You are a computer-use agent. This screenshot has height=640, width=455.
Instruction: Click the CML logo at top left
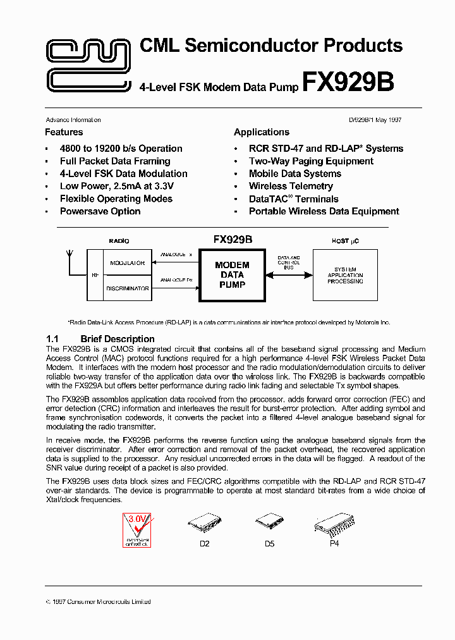89,64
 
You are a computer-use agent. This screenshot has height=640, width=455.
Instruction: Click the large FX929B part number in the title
348,83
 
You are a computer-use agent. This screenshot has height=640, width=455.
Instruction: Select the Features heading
64,132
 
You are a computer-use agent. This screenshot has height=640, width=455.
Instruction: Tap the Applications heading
262,132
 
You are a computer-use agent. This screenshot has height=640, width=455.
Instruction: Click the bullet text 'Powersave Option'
100,211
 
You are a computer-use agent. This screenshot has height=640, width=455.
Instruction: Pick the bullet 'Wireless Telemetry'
291,186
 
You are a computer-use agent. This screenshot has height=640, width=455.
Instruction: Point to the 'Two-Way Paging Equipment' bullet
311,161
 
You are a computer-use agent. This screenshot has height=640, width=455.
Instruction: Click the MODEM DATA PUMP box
232,274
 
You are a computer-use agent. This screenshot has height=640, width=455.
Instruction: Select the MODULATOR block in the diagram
127,262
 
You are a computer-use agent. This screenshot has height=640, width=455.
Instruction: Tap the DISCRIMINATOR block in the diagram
127,288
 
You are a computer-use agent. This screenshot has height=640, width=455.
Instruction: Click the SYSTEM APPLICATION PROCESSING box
345,275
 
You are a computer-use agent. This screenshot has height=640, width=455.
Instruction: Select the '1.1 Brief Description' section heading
100,339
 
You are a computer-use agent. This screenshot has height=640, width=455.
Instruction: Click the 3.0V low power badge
136,529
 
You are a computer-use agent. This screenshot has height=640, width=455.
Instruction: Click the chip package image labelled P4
334,524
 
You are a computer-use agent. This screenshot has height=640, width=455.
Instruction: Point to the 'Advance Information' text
73,120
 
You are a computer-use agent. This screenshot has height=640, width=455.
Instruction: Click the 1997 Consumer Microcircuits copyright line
99,602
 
